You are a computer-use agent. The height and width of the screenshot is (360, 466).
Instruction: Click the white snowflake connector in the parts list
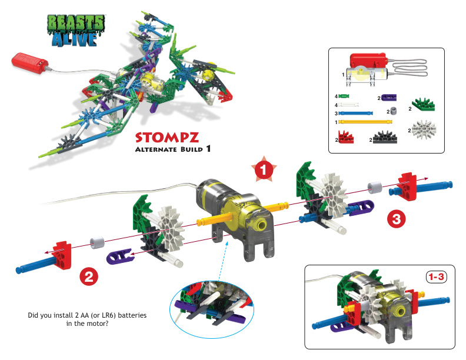[422, 130]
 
